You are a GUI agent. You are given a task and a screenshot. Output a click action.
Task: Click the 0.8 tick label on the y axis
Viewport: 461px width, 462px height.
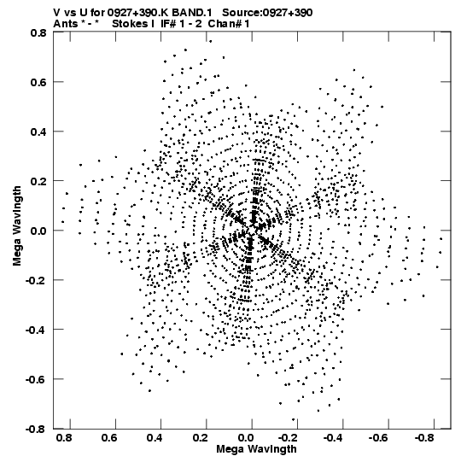click(38, 32)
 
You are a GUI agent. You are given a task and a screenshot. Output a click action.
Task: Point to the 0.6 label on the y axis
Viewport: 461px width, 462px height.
click(38, 82)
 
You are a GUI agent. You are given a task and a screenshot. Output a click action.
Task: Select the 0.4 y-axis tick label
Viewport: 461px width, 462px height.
click(38, 132)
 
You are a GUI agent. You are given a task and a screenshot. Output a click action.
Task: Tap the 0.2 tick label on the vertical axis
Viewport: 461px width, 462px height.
click(38, 181)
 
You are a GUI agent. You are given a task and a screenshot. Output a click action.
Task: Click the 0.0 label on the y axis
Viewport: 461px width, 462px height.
click(38, 231)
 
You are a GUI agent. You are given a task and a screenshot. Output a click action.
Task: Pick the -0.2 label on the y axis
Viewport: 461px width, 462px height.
click(36, 280)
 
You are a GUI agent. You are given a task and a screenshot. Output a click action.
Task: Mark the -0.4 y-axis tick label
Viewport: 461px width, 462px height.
click(36, 330)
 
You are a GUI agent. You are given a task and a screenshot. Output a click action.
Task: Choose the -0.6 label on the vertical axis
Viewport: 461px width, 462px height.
click(36, 379)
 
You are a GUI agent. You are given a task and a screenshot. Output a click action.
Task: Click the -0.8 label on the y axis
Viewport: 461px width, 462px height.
click(36, 429)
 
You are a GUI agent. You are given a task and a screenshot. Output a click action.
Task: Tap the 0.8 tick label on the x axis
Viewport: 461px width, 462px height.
click(64, 438)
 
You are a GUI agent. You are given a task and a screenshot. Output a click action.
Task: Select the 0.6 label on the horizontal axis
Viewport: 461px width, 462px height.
click(109, 438)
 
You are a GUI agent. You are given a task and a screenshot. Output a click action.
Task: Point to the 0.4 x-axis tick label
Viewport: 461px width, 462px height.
click(155, 438)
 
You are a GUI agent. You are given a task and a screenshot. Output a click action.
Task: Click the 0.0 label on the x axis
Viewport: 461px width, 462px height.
click(246, 438)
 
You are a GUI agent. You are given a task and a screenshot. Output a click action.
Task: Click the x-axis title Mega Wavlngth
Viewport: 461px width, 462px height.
click(256, 449)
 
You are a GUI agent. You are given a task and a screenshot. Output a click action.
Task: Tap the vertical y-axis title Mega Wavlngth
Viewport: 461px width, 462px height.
click(17, 226)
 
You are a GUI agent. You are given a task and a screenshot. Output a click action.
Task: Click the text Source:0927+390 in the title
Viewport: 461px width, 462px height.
click(267, 13)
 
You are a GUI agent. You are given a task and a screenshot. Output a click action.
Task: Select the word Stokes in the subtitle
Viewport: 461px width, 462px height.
click(130, 24)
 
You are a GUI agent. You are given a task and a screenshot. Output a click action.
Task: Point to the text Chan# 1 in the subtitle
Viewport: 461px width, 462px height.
click(229, 24)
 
